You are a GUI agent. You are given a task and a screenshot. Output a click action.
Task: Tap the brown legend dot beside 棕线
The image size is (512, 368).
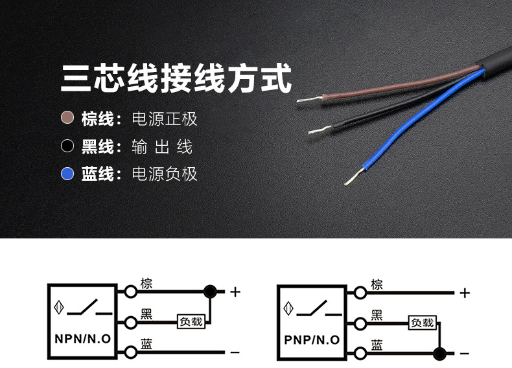[67, 119]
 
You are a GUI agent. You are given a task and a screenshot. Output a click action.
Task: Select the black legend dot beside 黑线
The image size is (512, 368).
[67, 146]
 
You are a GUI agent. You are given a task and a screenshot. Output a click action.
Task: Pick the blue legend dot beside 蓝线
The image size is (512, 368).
[67, 174]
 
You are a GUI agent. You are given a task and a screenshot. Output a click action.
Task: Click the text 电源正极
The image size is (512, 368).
[164, 119]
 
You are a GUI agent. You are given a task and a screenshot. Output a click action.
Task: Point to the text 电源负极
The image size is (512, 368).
[164, 174]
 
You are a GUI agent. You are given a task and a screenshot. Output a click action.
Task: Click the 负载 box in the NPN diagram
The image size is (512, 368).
[191, 321]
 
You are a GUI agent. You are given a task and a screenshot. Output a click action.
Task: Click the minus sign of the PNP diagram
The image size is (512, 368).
[464, 354]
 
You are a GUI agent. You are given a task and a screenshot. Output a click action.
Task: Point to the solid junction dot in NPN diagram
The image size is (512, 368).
[209, 292]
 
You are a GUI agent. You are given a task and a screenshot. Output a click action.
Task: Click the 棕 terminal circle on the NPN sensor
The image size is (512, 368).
[132, 292]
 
